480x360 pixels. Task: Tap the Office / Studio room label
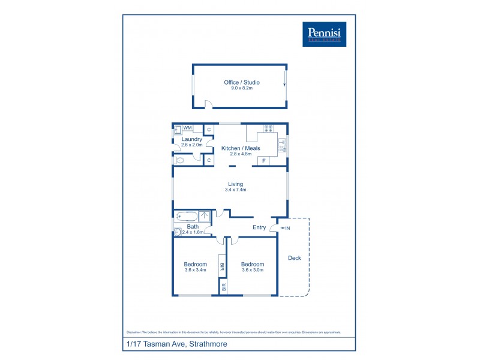point(241,82)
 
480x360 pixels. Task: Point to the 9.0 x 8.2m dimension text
point(241,88)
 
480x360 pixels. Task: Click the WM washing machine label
point(188,128)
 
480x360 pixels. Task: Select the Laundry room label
point(191,139)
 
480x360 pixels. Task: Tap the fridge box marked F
point(263,161)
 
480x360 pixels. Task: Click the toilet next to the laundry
point(180,160)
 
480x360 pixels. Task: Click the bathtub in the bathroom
point(185,216)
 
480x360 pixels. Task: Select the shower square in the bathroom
point(205,216)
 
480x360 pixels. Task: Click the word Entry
point(259,227)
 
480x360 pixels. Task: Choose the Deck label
point(295,258)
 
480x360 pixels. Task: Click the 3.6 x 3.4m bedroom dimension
point(196,270)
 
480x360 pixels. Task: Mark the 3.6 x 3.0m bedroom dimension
point(253,270)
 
